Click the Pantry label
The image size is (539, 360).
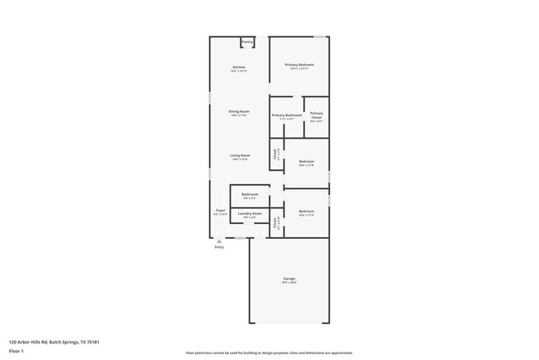click(x=247, y=42)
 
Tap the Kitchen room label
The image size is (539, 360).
click(x=239, y=66)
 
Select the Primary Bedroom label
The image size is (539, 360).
click(x=299, y=65)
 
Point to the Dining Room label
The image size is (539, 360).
click(x=239, y=112)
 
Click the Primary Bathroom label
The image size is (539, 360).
click(x=286, y=115)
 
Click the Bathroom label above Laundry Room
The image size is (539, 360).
click(x=250, y=194)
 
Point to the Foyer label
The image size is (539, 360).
click(x=221, y=211)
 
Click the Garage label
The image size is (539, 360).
click(x=289, y=280)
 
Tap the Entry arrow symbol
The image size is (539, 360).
click(x=219, y=241)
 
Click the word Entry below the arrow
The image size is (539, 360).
click(x=219, y=247)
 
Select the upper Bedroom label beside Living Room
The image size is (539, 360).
click(x=307, y=161)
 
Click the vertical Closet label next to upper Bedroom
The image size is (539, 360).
click(x=275, y=153)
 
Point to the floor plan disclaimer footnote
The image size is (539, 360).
click(x=269, y=353)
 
